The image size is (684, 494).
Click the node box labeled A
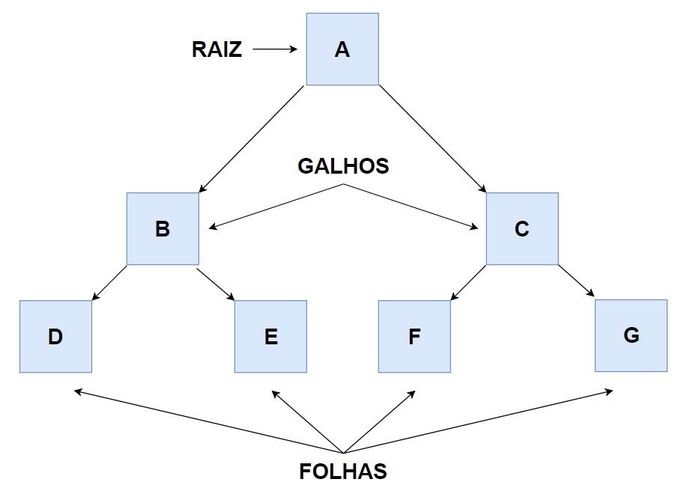coord(342,49)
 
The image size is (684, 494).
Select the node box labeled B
coord(163,228)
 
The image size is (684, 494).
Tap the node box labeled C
coord(522,228)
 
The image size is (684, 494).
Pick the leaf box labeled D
coord(55,336)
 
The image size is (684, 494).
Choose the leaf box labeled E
coord(270,336)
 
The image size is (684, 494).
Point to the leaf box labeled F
coord(414,336)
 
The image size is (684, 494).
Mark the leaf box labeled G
coord(631,335)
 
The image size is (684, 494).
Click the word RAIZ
coord(217,50)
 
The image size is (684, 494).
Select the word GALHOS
coord(344,165)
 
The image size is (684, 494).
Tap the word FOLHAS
coord(343,472)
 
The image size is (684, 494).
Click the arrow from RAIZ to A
coord(275,50)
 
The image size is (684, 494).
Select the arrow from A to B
coord(252,138)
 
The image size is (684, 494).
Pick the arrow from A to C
coord(432,138)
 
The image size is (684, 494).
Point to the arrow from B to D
coord(109,283)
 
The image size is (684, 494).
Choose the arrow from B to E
coord(217,283)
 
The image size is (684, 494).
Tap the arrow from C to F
coord(468,283)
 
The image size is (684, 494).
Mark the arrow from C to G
coord(576,282)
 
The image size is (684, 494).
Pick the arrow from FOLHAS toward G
coord(478,421)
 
